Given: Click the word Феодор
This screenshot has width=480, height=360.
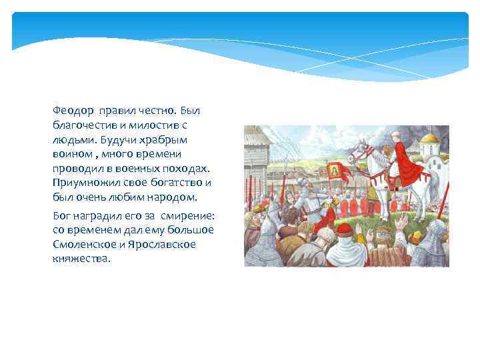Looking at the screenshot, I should coord(73,109).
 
